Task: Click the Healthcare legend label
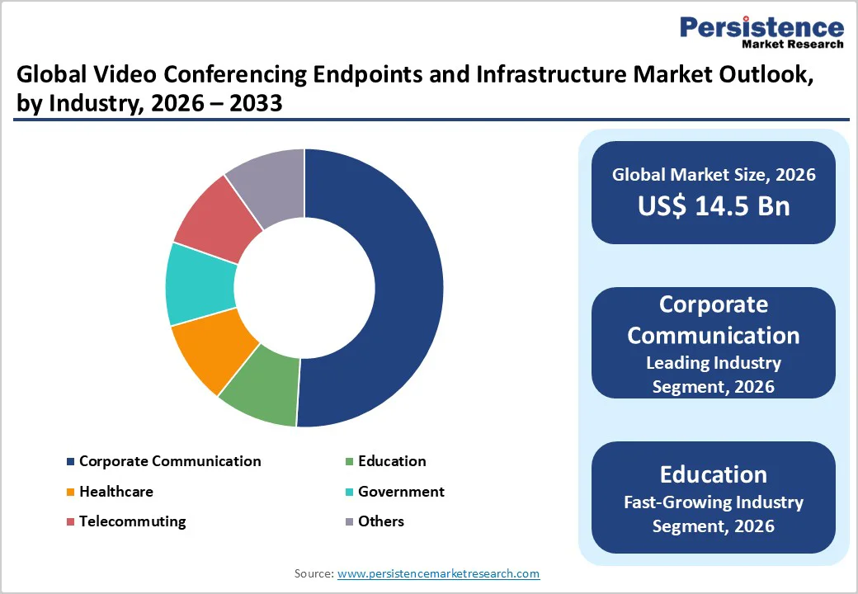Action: click(x=115, y=492)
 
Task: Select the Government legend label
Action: click(x=401, y=492)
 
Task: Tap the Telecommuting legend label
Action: click(x=132, y=521)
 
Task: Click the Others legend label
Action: click(x=381, y=521)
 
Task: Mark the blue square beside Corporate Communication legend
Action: click(x=71, y=462)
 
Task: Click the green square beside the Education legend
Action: click(x=350, y=462)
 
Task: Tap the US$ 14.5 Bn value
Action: click(x=714, y=205)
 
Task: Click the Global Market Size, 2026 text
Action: click(x=714, y=175)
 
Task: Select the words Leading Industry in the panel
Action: click(x=714, y=362)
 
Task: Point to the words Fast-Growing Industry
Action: click(x=714, y=502)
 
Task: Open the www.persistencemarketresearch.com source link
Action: click(x=439, y=573)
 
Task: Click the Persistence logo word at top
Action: click(x=761, y=27)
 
